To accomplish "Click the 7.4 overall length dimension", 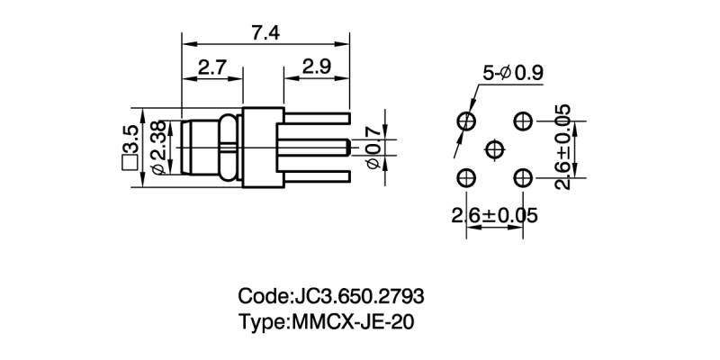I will click(x=265, y=33).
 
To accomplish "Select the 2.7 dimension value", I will click(x=211, y=67).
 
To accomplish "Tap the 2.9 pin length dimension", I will click(x=316, y=67).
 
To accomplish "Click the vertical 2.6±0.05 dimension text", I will click(x=562, y=148).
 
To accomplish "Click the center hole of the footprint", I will click(x=494, y=148).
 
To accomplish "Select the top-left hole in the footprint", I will click(x=466, y=121).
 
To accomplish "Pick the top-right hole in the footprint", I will click(x=523, y=121).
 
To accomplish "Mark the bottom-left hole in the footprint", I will click(x=466, y=177).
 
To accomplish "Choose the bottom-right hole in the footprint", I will click(x=523, y=177).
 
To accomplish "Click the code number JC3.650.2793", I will click(x=359, y=296).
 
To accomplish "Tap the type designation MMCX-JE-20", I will click(x=352, y=321).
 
